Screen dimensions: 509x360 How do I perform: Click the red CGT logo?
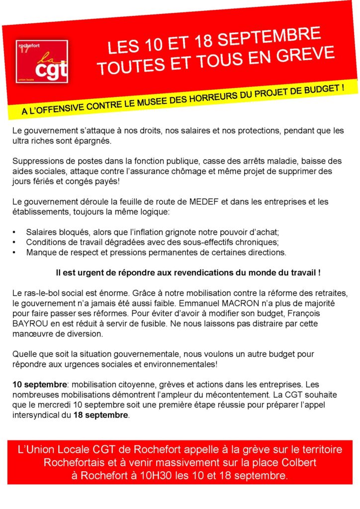pyautogui.click(x=42, y=61)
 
